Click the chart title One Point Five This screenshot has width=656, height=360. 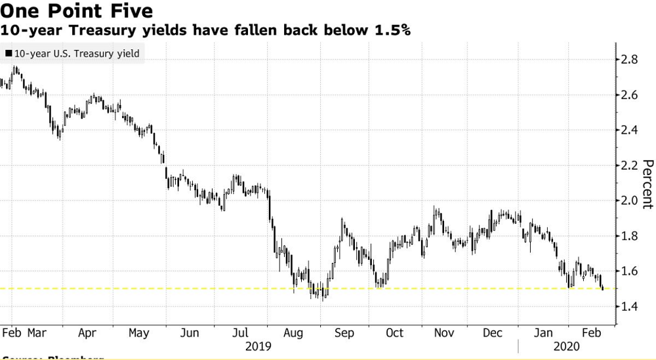[77, 11]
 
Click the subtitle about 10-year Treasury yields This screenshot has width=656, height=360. [205, 30]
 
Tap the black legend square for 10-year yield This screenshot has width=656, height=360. [8, 54]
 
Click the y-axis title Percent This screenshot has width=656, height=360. [647, 184]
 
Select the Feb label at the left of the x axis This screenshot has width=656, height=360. [12, 333]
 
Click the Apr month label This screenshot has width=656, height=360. [87, 333]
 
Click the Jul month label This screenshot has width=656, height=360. [241, 333]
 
